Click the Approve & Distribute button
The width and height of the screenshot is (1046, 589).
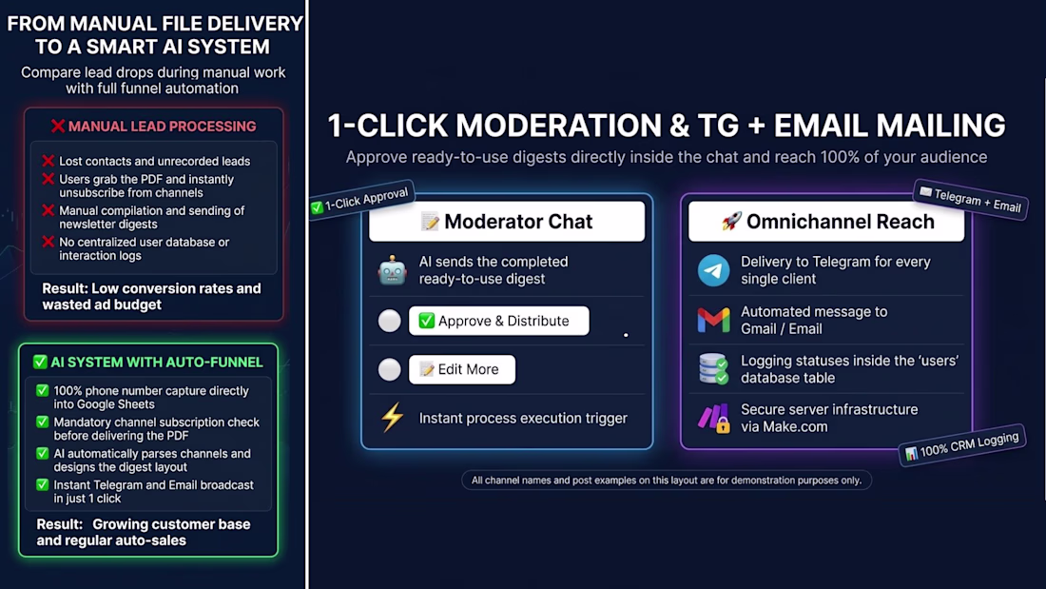click(x=499, y=321)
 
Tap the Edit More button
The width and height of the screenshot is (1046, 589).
click(x=461, y=369)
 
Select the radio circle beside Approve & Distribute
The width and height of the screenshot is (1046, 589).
click(x=390, y=321)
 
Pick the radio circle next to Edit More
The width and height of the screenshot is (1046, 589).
click(x=390, y=369)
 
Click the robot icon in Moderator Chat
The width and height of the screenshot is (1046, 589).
click(x=392, y=270)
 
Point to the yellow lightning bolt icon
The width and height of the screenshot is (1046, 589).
click(x=392, y=418)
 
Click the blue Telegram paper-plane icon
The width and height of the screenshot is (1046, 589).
click(x=714, y=270)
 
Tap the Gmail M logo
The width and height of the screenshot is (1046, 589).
click(x=714, y=321)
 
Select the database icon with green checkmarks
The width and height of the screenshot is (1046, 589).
click(x=713, y=369)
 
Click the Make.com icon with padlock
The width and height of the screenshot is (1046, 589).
click(x=714, y=419)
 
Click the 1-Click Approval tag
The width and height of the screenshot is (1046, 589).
click(x=360, y=200)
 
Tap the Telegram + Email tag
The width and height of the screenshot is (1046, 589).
click(x=971, y=199)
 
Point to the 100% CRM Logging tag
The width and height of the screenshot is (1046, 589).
click(x=962, y=445)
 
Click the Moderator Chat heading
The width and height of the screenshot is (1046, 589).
click(x=507, y=222)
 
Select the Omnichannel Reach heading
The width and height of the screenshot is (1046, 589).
click(x=826, y=222)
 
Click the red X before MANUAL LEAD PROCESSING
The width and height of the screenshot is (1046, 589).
click(x=58, y=127)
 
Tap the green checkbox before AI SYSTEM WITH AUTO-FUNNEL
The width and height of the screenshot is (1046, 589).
click(x=40, y=362)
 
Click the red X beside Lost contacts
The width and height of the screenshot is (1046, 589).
click(x=48, y=161)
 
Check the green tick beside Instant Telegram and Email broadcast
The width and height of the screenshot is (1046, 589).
click(x=43, y=485)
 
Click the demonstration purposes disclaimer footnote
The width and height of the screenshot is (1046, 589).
click(x=667, y=481)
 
